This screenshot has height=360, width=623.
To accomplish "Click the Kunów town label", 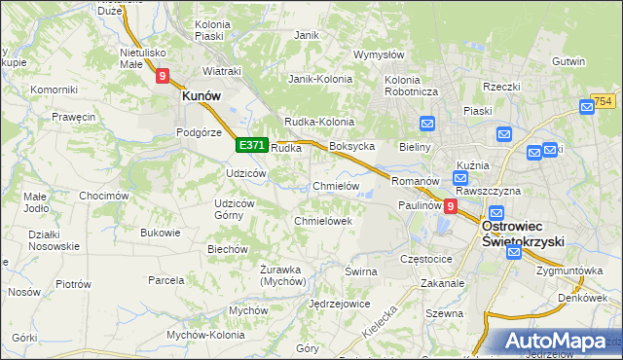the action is [201, 96].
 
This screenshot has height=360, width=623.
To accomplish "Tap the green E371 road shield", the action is [251, 145].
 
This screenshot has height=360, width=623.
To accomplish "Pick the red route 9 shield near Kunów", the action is [162, 74].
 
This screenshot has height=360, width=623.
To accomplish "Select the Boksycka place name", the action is [352, 146].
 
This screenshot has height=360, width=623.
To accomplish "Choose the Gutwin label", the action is [568, 61].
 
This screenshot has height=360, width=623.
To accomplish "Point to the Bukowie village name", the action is [161, 233].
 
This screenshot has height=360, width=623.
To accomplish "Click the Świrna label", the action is [360, 271].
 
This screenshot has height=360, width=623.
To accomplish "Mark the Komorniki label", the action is [54, 90].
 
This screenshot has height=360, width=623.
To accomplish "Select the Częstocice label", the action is [426, 260].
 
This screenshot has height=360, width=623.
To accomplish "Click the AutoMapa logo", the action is [556, 341].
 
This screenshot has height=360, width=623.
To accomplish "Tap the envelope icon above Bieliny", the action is [426, 124].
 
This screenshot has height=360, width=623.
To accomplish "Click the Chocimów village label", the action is [104, 196].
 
